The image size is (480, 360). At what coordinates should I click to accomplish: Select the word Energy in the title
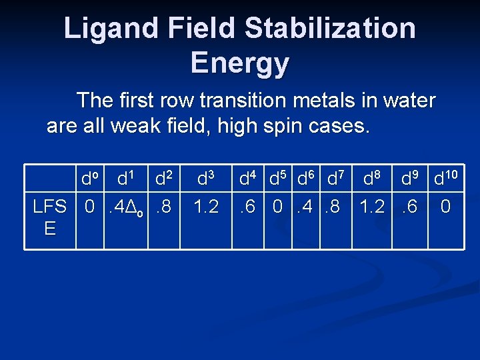[239, 63]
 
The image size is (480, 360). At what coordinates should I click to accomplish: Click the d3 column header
[205, 178]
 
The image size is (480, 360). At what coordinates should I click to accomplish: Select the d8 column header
[371, 178]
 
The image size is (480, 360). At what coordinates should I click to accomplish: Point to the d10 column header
[445, 178]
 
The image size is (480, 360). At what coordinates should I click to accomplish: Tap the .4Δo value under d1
[124, 208]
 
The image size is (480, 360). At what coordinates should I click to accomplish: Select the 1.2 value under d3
[205, 207]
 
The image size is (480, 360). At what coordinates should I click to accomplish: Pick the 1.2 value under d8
[372, 207]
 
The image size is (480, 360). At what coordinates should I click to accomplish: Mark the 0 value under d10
[445, 207]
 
